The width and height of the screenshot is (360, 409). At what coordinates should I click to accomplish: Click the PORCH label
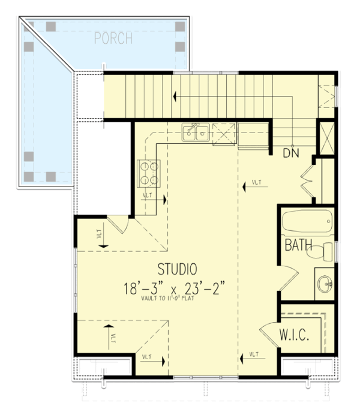pos(113,39)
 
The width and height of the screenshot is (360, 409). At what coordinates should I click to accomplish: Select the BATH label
pos(298,245)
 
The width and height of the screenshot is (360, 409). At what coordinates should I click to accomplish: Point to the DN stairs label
pos(291,153)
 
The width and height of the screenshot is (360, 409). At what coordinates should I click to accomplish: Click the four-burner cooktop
pos(149,172)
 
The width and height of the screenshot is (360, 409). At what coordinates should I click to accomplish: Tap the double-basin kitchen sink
pos(196,133)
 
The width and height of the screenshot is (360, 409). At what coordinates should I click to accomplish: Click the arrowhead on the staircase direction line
pos(175,95)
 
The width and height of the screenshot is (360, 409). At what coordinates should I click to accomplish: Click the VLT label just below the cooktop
pos(147,196)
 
